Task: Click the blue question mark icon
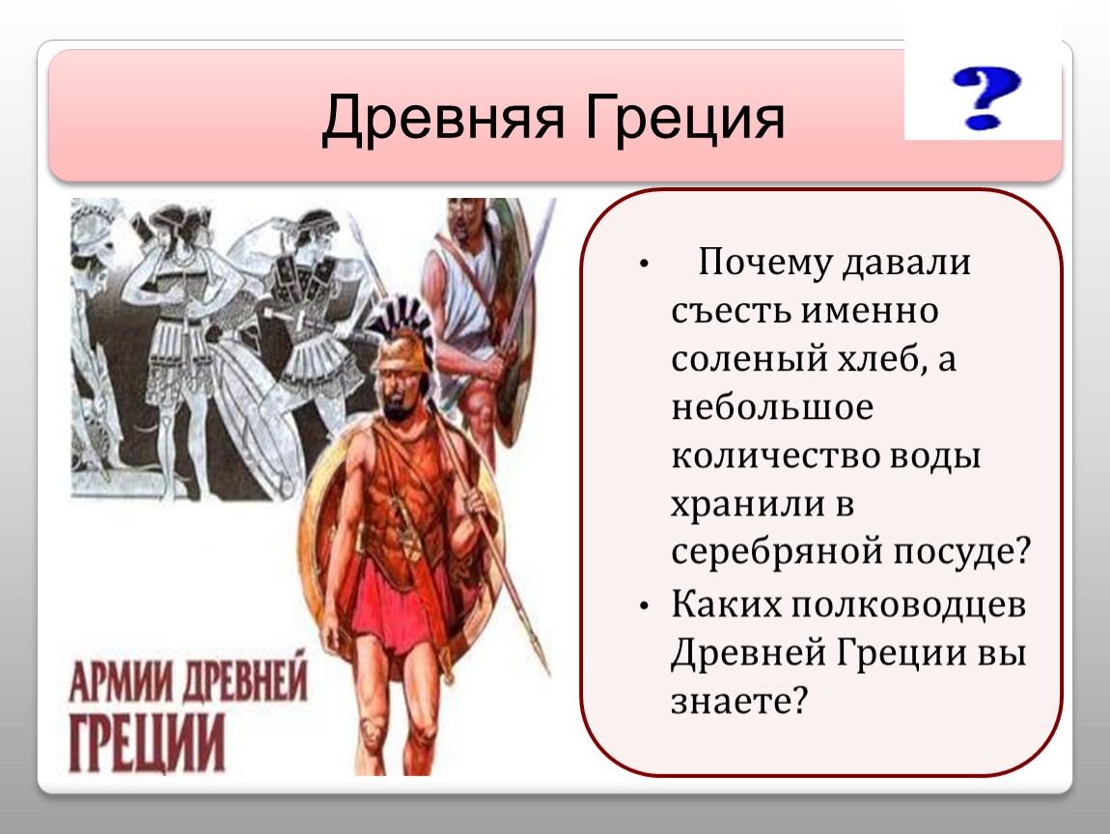click(x=986, y=97)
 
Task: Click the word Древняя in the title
click(x=443, y=118)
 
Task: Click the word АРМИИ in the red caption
click(x=121, y=681)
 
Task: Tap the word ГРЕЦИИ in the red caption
click(x=147, y=742)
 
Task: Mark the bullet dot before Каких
click(x=644, y=607)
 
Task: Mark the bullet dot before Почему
click(x=644, y=264)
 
